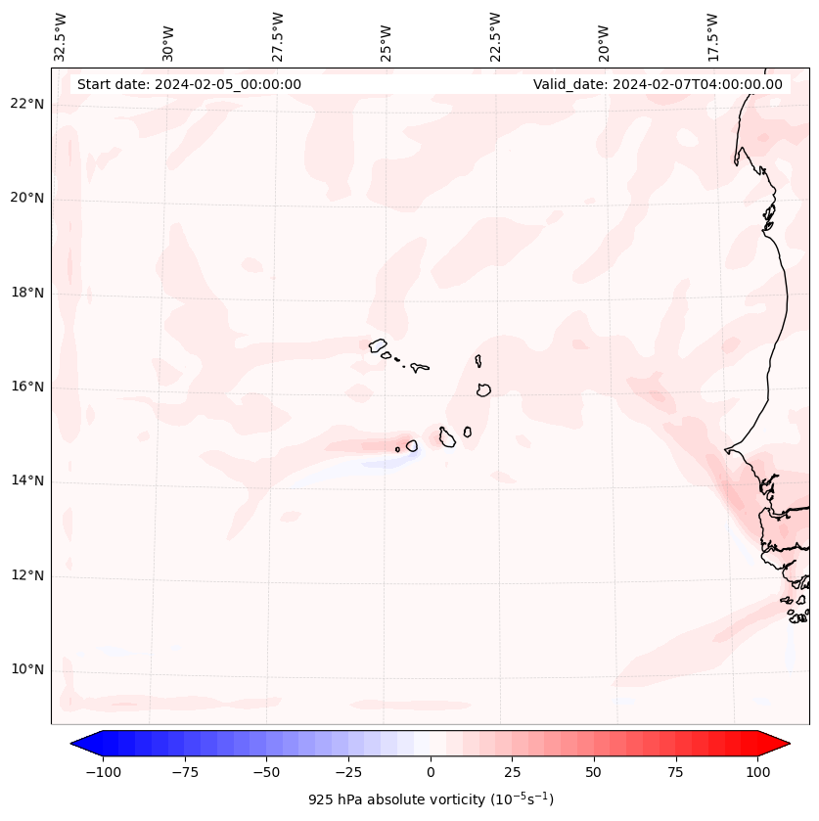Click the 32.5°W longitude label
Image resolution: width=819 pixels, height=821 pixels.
click(61, 37)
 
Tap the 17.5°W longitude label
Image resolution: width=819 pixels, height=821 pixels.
click(712, 37)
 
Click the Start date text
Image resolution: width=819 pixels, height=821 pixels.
click(189, 84)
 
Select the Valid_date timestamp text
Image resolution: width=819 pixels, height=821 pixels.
click(658, 84)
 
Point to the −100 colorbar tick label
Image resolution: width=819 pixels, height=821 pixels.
click(104, 772)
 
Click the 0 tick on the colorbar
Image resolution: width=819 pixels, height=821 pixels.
click(431, 772)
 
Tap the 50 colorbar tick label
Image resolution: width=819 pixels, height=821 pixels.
click(594, 772)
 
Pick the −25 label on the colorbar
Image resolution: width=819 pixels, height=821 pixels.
click(348, 772)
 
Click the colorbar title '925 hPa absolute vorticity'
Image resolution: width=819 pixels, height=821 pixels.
click(431, 799)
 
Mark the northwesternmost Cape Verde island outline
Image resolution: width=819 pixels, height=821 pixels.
click(378, 344)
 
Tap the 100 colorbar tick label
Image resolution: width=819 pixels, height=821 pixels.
click(756, 772)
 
